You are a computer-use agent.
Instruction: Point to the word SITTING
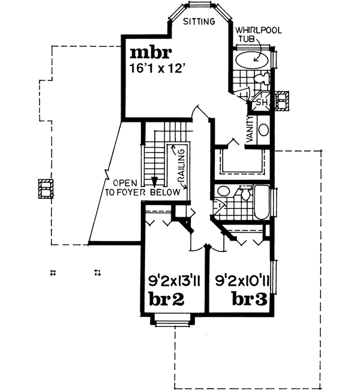[x=199, y=22]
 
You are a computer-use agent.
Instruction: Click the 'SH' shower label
[x=262, y=103]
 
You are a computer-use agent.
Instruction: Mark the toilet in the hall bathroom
[x=244, y=193]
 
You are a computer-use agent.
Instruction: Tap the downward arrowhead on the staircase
[x=154, y=181]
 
